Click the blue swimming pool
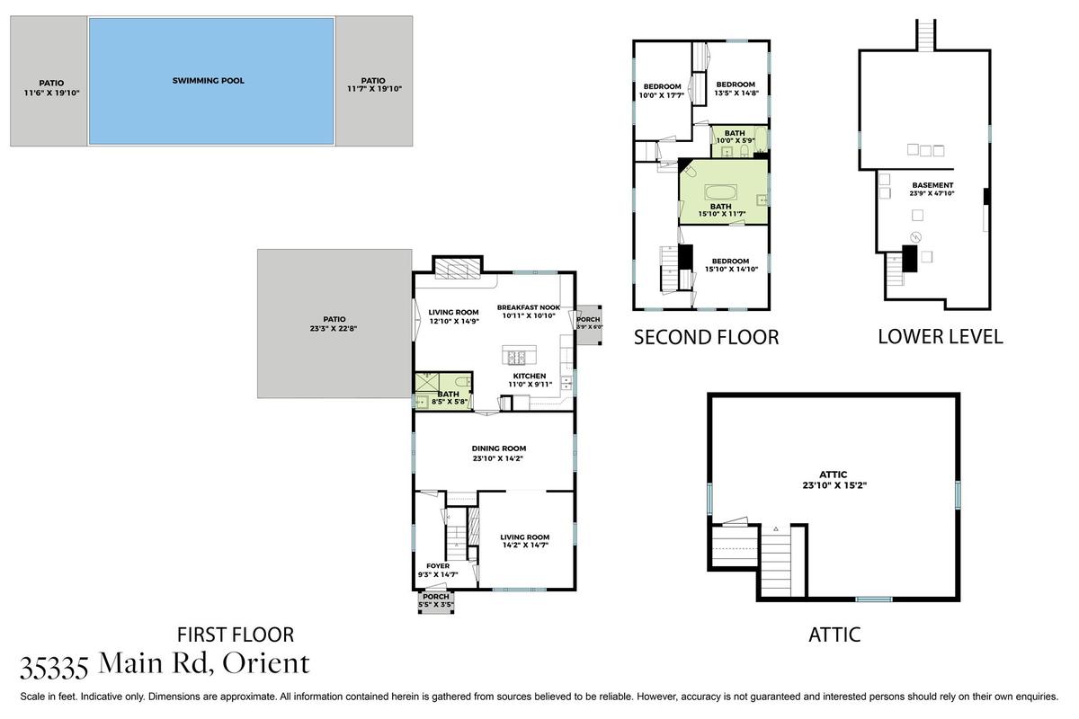click(x=211, y=81)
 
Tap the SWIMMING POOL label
click(x=208, y=81)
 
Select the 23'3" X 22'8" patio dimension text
click(x=334, y=329)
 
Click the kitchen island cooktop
click(x=517, y=358)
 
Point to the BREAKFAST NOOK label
click(x=529, y=307)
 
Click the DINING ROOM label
click(x=498, y=448)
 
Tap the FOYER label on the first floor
click(x=438, y=566)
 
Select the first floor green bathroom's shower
click(x=427, y=382)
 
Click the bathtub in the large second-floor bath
click(x=720, y=192)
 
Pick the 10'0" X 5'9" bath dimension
click(x=736, y=140)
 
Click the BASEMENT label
click(x=932, y=185)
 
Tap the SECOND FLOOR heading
click(x=706, y=337)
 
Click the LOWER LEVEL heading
click(x=941, y=337)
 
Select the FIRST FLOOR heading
click(x=236, y=635)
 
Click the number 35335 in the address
click(x=54, y=668)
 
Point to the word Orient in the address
click(x=265, y=663)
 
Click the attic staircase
click(x=776, y=562)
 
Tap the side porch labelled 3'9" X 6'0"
click(x=589, y=324)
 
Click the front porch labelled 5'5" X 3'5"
click(x=436, y=601)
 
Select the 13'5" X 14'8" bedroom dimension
click(x=736, y=93)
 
